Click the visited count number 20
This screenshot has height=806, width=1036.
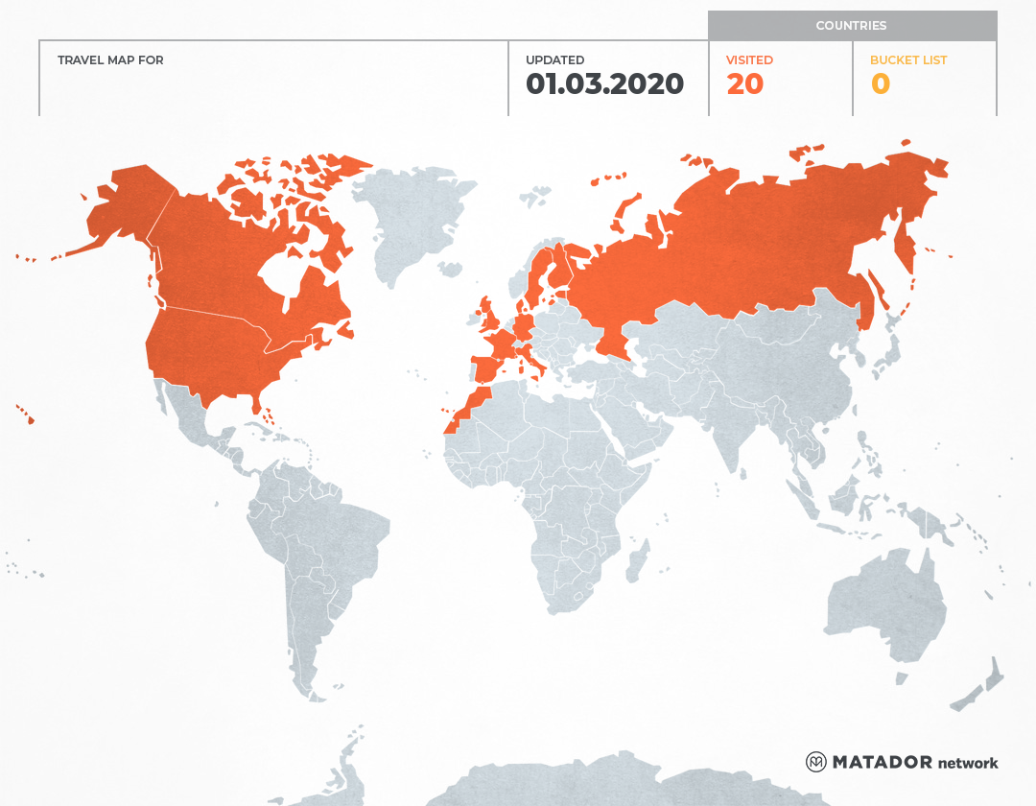coord(744,84)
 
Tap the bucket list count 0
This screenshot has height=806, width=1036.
coord(880,84)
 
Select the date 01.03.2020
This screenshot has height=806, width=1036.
coord(604,84)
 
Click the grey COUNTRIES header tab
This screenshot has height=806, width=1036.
coord(851,26)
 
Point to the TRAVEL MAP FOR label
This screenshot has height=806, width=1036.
coord(110,60)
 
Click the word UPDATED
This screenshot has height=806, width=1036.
coord(554,60)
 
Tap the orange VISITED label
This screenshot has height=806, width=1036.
coord(749,60)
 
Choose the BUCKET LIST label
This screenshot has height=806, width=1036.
coord(907,60)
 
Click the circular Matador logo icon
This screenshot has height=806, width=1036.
coord(815,762)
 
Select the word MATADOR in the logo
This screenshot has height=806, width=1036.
coord(882,762)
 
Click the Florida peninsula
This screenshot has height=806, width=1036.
coord(258,404)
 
